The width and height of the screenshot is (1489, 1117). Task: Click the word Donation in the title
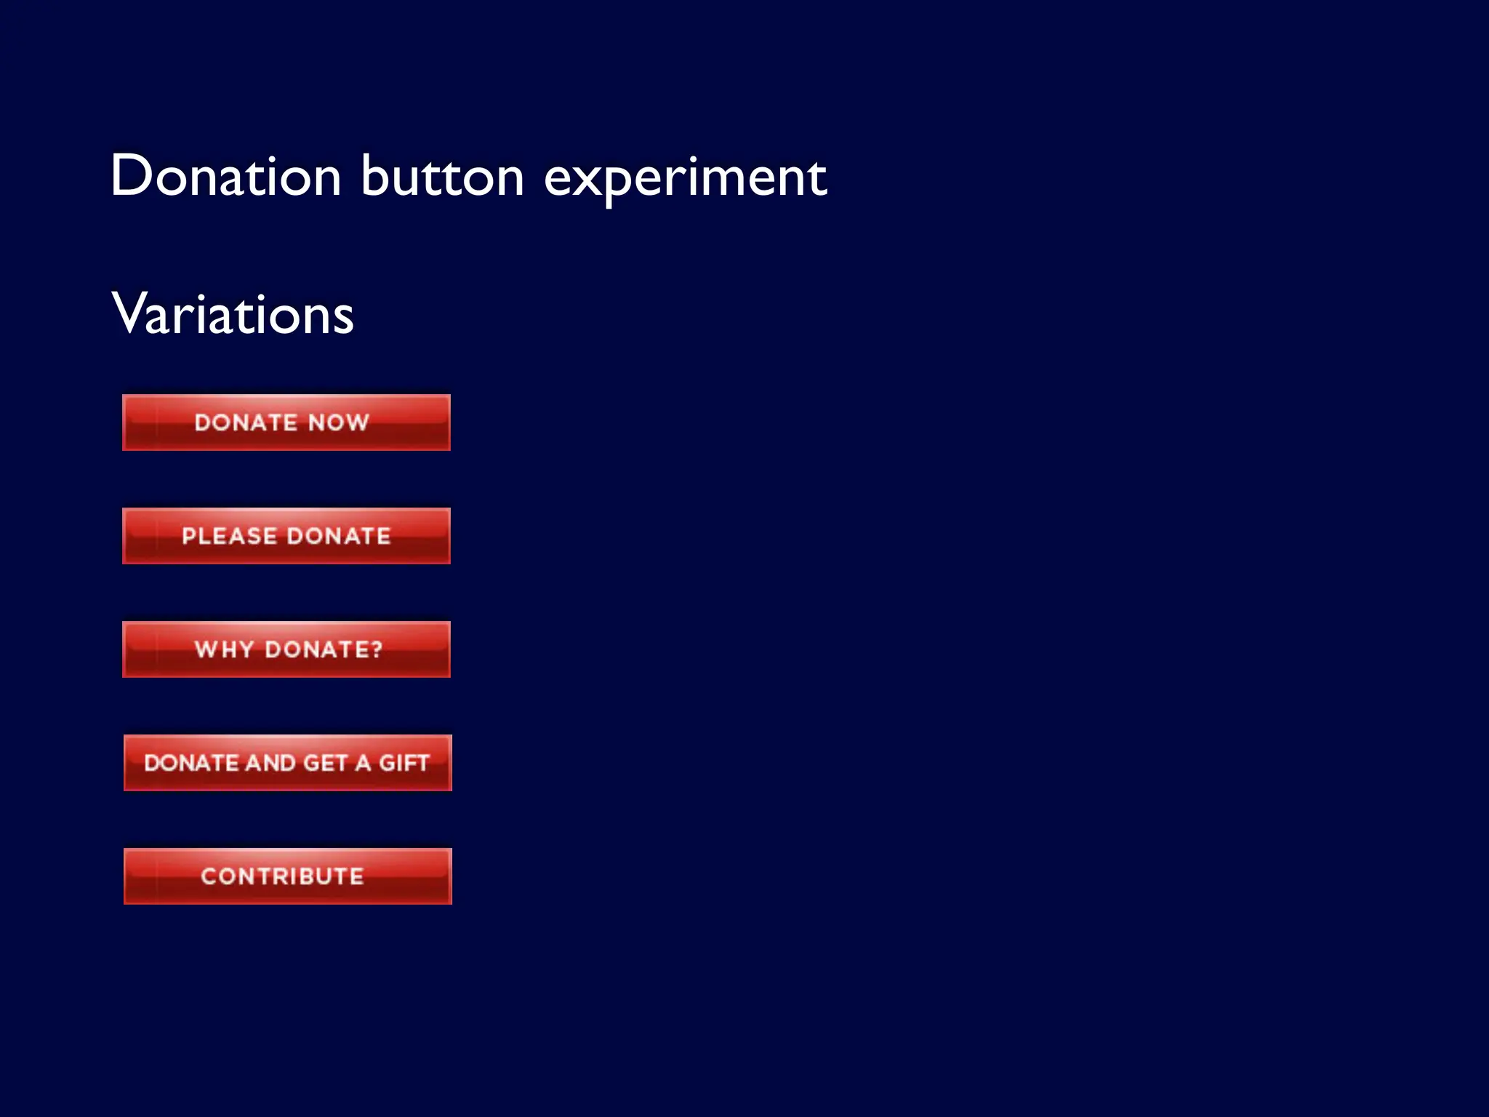[x=226, y=176]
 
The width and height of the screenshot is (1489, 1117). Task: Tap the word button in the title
[x=442, y=176]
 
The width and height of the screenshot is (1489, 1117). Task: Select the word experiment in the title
[x=685, y=178]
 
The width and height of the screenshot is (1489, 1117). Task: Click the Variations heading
[x=233, y=314]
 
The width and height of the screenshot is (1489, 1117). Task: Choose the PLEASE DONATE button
[x=286, y=536]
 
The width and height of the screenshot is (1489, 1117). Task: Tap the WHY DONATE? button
[x=286, y=649]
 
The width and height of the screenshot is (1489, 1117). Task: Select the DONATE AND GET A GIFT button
[x=287, y=763]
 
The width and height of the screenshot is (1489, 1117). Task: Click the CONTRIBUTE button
[x=287, y=876]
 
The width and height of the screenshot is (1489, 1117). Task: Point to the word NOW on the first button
[x=339, y=423]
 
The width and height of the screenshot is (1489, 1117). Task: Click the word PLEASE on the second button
[x=229, y=536]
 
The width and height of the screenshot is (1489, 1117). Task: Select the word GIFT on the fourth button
[x=404, y=763]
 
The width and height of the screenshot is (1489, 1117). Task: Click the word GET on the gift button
[x=325, y=763]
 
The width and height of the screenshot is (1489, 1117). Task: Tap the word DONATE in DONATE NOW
[x=246, y=423]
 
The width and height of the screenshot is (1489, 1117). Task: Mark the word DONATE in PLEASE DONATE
[x=339, y=536]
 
